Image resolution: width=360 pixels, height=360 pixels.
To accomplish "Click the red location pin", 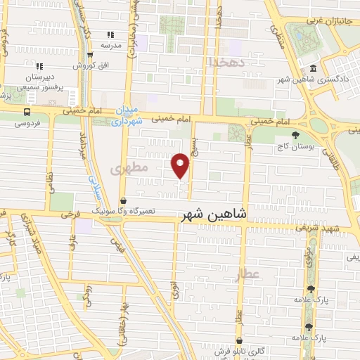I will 181,165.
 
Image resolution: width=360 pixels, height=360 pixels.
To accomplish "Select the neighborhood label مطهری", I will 129,169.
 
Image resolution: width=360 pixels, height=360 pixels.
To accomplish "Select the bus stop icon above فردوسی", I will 27,111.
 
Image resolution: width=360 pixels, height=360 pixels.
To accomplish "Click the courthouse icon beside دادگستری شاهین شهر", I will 312,70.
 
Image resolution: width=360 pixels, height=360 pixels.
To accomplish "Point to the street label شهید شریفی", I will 337,229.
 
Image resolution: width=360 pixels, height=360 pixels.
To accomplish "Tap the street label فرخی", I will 69,211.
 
